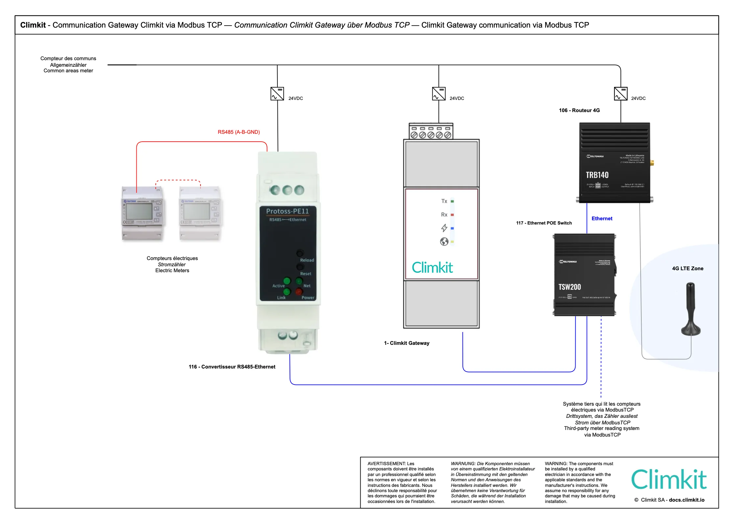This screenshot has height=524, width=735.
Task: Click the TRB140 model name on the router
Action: click(597, 175)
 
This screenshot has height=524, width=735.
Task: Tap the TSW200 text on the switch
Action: click(570, 287)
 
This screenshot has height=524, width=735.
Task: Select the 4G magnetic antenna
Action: click(691, 309)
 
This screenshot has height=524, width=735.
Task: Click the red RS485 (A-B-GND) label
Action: click(239, 132)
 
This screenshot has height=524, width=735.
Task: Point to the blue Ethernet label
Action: click(602, 219)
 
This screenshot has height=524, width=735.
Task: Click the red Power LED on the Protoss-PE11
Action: click(298, 292)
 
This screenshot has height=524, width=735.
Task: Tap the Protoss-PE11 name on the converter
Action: click(288, 211)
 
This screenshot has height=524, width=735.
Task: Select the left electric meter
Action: click(143, 213)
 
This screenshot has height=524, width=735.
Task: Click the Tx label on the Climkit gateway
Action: click(444, 201)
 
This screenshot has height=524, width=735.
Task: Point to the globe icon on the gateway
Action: click(444, 242)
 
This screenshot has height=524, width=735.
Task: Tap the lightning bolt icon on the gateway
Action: click(444, 228)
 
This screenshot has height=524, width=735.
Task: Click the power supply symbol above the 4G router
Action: click(621, 94)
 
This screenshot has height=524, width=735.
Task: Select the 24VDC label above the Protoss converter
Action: click(296, 98)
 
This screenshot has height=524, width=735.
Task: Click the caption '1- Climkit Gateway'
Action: click(407, 343)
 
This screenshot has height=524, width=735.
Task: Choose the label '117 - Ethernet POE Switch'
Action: click(544, 223)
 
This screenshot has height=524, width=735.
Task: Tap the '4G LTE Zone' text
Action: click(688, 269)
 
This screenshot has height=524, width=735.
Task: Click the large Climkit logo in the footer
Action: click(669, 480)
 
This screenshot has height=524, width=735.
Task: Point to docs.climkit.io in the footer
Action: click(687, 500)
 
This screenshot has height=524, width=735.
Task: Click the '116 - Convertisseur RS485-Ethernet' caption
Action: click(232, 367)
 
